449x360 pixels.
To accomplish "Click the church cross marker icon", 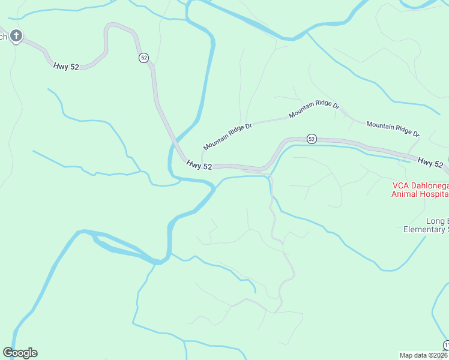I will [16, 37].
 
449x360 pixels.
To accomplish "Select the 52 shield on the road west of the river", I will [143, 58].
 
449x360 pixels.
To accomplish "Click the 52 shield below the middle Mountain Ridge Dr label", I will [311, 139].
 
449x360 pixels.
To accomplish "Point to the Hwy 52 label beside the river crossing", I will [199, 165].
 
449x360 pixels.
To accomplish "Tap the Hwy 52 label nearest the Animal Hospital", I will [430, 163].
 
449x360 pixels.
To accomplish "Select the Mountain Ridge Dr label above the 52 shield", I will [314, 109].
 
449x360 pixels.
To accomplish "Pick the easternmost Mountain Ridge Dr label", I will [393, 129].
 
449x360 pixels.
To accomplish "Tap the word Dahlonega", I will [428, 185].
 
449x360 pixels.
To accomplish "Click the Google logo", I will [20, 353].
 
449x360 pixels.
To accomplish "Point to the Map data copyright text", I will [423, 355].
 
